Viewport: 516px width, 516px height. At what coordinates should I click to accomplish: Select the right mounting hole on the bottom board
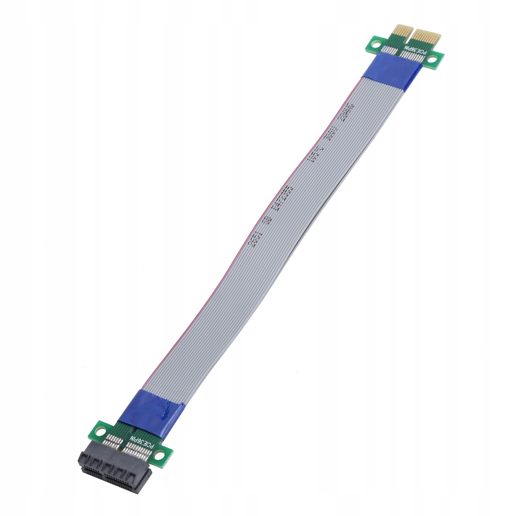[x=159, y=455]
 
